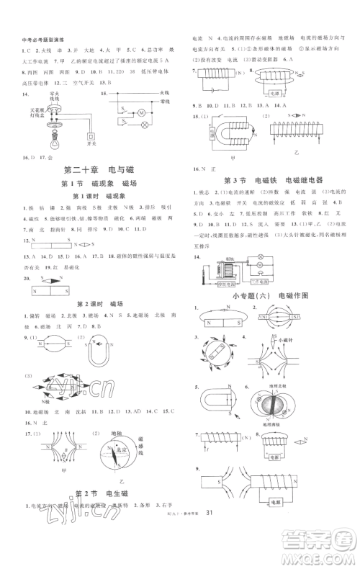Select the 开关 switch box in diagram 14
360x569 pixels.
coord(91,136)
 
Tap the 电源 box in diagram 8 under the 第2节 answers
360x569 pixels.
coord(273,93)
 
